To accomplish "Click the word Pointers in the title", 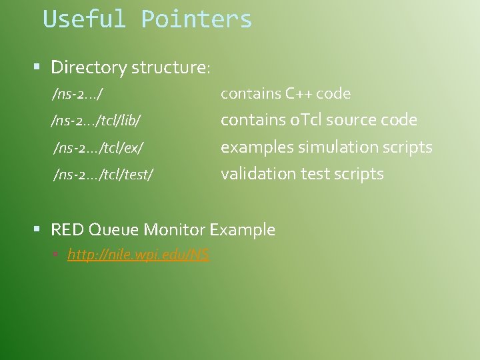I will click(197, 19).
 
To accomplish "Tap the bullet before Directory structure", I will click(38, 67).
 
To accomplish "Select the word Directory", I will click(89, 67).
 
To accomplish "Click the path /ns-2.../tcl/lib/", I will click(95, 121).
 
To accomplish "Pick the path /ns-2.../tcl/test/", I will click(103, 175).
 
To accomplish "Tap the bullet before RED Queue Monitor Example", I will click(38, 229).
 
